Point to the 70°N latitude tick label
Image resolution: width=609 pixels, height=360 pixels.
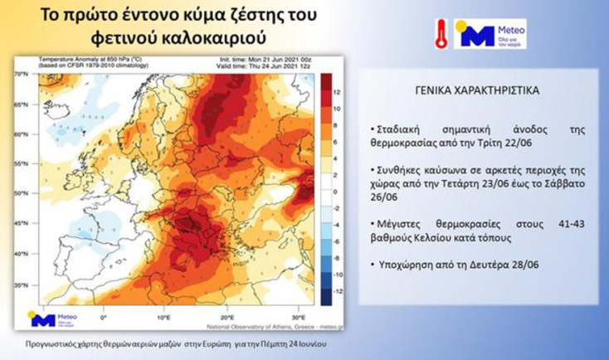(22, 75)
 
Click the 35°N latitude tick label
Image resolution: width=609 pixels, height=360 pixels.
(22, 286)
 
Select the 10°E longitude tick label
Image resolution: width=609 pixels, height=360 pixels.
(163, 318)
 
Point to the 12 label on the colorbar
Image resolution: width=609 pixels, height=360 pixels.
(326, 90)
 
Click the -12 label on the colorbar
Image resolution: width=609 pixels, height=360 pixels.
(326, 291)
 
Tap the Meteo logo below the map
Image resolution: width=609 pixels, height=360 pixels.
(53, 320)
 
